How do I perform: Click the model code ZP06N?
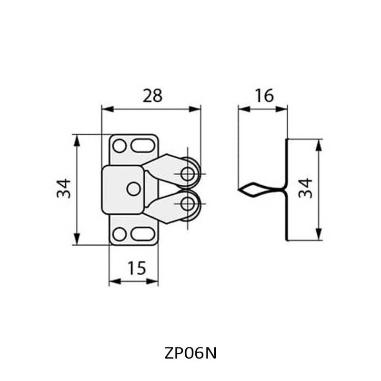190,353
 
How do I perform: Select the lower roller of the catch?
190,204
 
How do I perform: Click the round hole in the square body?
133,189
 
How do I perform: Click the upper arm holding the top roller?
164,166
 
